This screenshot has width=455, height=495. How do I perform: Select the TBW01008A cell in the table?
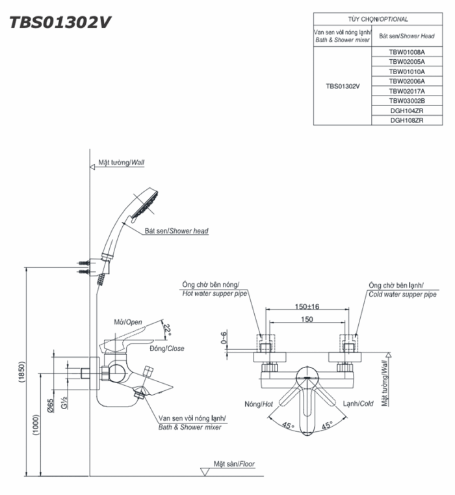click(x=407, y=51)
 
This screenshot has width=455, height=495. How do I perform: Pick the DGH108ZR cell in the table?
click(x=407, y=120)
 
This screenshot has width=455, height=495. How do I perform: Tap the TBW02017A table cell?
click(x=407, y=91)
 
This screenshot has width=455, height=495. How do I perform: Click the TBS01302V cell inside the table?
click(x=343, y=86)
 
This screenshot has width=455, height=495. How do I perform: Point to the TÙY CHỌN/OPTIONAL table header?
click(x=377, y=20)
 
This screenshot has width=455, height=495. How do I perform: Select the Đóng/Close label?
click(x=167, y=349)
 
